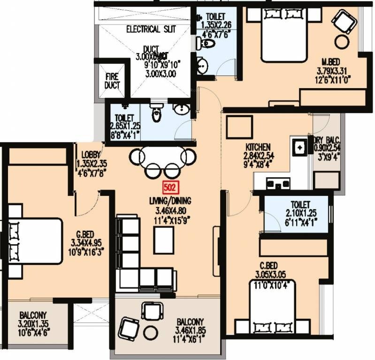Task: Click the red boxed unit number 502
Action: [170, 188]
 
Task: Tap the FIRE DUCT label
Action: [112, 81]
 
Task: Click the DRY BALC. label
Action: [327, 140]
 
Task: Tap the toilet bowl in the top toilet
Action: [207, 44]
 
